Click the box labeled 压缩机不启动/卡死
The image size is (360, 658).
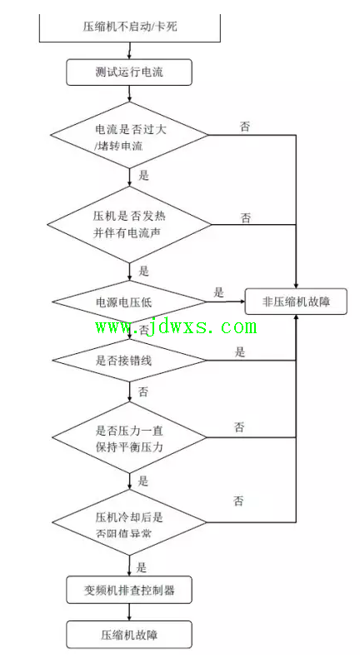tap(130, 27)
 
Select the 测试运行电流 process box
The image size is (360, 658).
tap(129, 72)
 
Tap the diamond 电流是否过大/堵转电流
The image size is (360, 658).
tap(129, 135)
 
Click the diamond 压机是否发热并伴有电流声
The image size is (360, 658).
tap(129, 225)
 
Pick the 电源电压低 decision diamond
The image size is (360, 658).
tap(129, 302)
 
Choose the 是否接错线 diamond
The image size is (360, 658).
tap(129, 361)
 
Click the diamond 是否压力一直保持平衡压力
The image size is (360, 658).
tap(129, 437)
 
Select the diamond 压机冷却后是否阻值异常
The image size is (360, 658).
tap(129, 523)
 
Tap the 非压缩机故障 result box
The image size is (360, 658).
tap(296, 302)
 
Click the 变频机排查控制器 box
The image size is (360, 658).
tap(129, 590)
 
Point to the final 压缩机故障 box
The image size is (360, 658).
tap(129, 635)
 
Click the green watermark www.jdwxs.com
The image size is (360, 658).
tap(176, 327)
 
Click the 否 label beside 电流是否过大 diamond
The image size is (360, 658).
tap(245, 127)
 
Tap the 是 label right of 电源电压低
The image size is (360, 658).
tap(219, 292)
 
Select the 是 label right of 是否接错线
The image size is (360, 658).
tap(240, 352)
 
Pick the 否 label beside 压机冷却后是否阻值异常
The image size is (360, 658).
tap(238, 501)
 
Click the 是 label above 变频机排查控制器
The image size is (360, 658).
tap(142, 568)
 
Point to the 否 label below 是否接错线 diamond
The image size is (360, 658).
tap(143, 391)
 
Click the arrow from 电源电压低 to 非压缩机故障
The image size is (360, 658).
tap(226, 302)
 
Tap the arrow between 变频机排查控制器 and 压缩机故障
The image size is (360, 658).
tap(129, 612)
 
